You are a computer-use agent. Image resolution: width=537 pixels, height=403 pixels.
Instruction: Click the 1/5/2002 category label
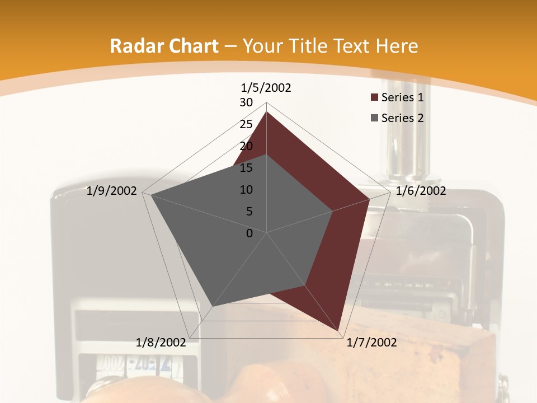(266, 88)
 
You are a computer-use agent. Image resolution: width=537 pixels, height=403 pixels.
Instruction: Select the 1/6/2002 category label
(421, 191)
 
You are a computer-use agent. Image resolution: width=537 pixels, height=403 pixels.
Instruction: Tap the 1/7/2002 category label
(372, 343)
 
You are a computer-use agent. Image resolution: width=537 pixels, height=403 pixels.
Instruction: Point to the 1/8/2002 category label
(161, 343)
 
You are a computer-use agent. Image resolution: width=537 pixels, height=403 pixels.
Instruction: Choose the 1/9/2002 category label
(112, 191)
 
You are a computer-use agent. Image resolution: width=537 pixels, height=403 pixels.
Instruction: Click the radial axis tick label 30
(246, 102)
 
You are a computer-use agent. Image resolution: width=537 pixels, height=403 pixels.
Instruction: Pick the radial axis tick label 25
(246, 124)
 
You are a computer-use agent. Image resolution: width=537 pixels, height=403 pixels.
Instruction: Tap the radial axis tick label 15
(246, 168)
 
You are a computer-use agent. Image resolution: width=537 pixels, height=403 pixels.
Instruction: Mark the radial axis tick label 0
(249, 233)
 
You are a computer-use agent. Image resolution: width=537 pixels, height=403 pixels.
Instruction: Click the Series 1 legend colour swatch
(375, 98)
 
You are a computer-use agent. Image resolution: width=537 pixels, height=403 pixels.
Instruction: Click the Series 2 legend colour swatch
(375, 118)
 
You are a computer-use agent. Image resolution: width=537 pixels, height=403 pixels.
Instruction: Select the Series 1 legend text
(403, 97)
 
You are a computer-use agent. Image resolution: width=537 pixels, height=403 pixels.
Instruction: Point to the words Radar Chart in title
(164, 46)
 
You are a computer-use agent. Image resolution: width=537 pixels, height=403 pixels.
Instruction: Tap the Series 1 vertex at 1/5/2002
(267, 111)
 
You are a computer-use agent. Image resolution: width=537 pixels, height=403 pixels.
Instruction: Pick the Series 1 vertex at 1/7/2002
(340, 331)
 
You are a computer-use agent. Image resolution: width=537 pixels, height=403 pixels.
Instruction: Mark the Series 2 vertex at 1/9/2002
(152, 195)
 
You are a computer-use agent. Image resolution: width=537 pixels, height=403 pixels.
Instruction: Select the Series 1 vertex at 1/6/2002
(370, 199)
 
